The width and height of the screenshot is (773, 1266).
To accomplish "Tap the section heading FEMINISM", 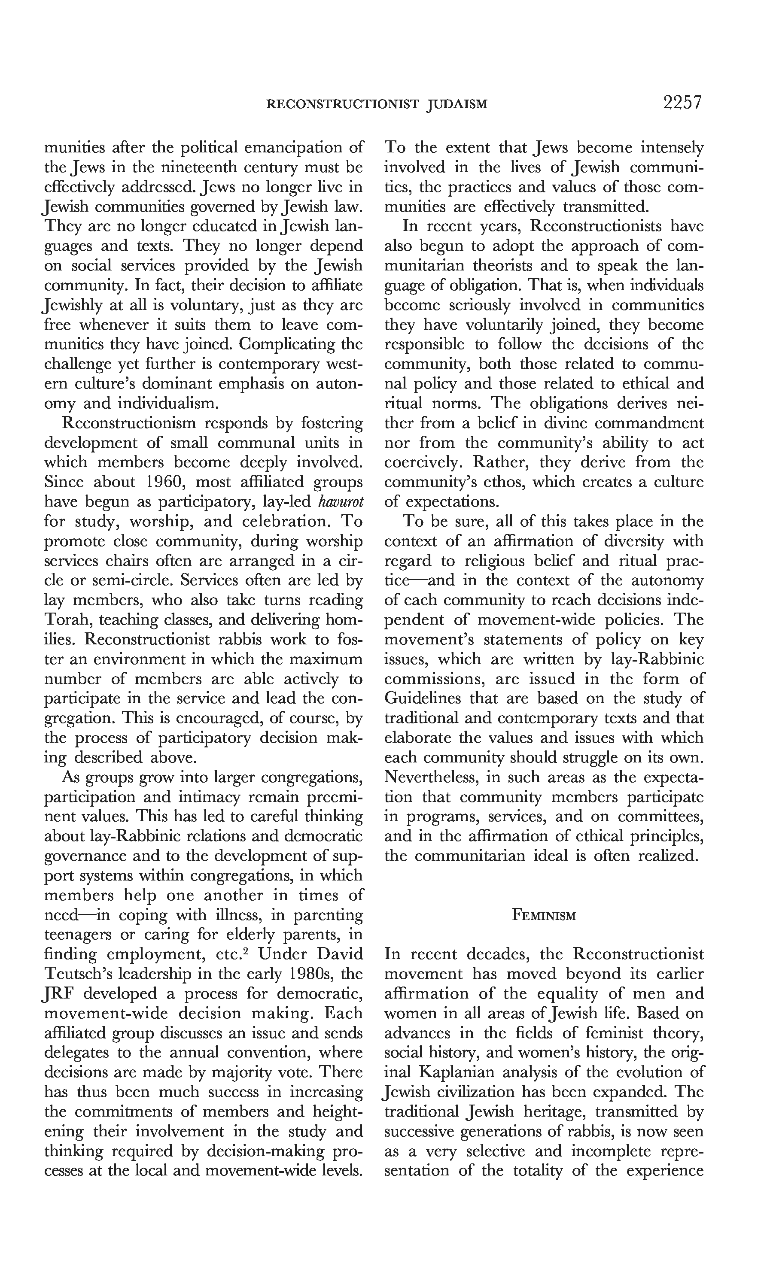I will [x=544, y=915].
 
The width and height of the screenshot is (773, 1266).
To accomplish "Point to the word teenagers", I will [x=78, y=935].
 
